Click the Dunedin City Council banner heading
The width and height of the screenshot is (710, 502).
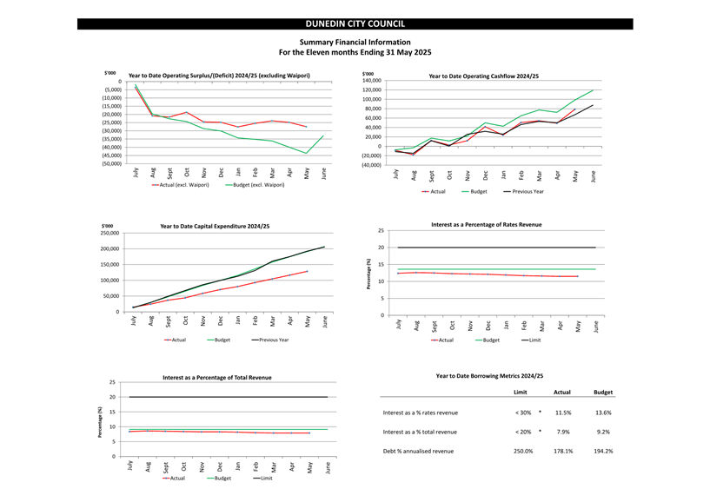[355, 24]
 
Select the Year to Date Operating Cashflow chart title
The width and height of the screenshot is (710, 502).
[483, 76]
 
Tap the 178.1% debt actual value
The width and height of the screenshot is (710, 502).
[563, 452]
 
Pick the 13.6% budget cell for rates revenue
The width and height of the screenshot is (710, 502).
[603, 413]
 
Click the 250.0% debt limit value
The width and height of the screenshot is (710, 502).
[523, 452]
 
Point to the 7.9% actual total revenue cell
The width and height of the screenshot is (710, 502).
[563, 432]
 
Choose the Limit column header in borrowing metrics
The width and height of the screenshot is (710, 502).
[521, 393]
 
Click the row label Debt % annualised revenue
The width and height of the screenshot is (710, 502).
[418, 452]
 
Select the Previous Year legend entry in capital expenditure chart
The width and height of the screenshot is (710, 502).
[270, 340]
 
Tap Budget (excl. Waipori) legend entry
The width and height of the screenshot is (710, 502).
[255, 185]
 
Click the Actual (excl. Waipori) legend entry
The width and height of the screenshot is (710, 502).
[180, 185]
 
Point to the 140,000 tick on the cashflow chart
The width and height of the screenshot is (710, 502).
[372, 81]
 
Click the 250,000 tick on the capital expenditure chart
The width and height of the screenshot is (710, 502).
[110, 233]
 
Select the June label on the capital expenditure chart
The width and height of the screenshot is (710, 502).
[325, 321]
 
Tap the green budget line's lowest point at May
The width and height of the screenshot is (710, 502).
[307, 154]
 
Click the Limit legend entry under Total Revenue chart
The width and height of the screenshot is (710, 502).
[262, 479]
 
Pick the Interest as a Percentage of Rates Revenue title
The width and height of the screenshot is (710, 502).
[487, 225]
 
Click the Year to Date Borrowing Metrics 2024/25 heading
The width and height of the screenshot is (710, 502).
[489, 376]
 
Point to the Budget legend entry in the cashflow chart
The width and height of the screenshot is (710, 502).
[474, 192]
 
